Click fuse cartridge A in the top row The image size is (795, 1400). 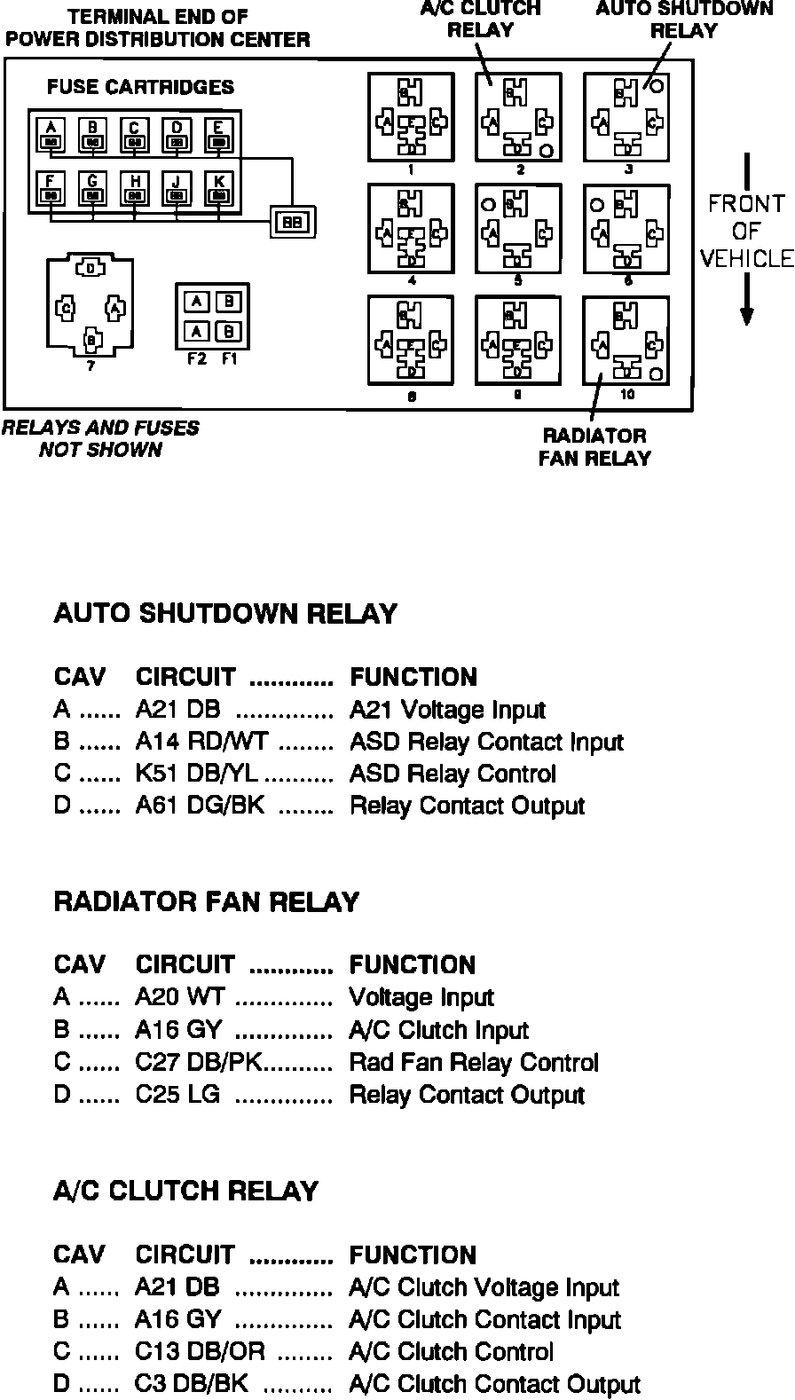point(51,136)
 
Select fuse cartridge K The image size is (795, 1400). point(219,188)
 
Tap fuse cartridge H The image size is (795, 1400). point(135,188)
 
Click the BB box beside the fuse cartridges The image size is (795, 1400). point(292,222)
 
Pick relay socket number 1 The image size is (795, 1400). point(411,117)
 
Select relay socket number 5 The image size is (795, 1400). point(518,229)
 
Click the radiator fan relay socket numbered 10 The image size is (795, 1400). point(626,341)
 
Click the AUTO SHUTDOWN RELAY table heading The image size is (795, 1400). point(225,614)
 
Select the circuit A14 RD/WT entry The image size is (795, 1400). point(201,742)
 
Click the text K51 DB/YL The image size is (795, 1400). point(196,774)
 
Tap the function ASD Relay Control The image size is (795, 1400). point(453,774)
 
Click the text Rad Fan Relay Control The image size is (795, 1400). point(474,1062)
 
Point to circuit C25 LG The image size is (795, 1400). point(177,1094)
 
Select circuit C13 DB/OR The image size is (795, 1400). point(200,1352)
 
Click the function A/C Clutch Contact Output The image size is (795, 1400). point(494,1384)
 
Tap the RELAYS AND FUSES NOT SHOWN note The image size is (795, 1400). point(100,438)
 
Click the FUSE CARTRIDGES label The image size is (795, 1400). point(140,87)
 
